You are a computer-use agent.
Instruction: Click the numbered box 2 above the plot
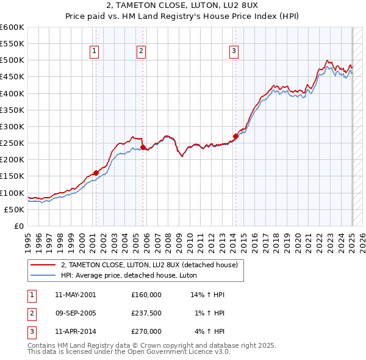pyautogui.click(x=141, y=52)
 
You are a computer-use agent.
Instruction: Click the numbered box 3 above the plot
pyautogui.click(x=234, y=52)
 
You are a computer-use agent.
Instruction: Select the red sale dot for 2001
pyautogui.click(x=96, y=173)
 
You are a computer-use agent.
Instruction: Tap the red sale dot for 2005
pyautogui.click(x=143, y=147)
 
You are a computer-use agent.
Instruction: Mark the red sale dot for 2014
pyautogui.click(x=235, y=136)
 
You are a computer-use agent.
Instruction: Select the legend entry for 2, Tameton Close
pyautogui.click(x=152, y=265)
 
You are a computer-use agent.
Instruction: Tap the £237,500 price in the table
pyautogui.click(x=146, y=313)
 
